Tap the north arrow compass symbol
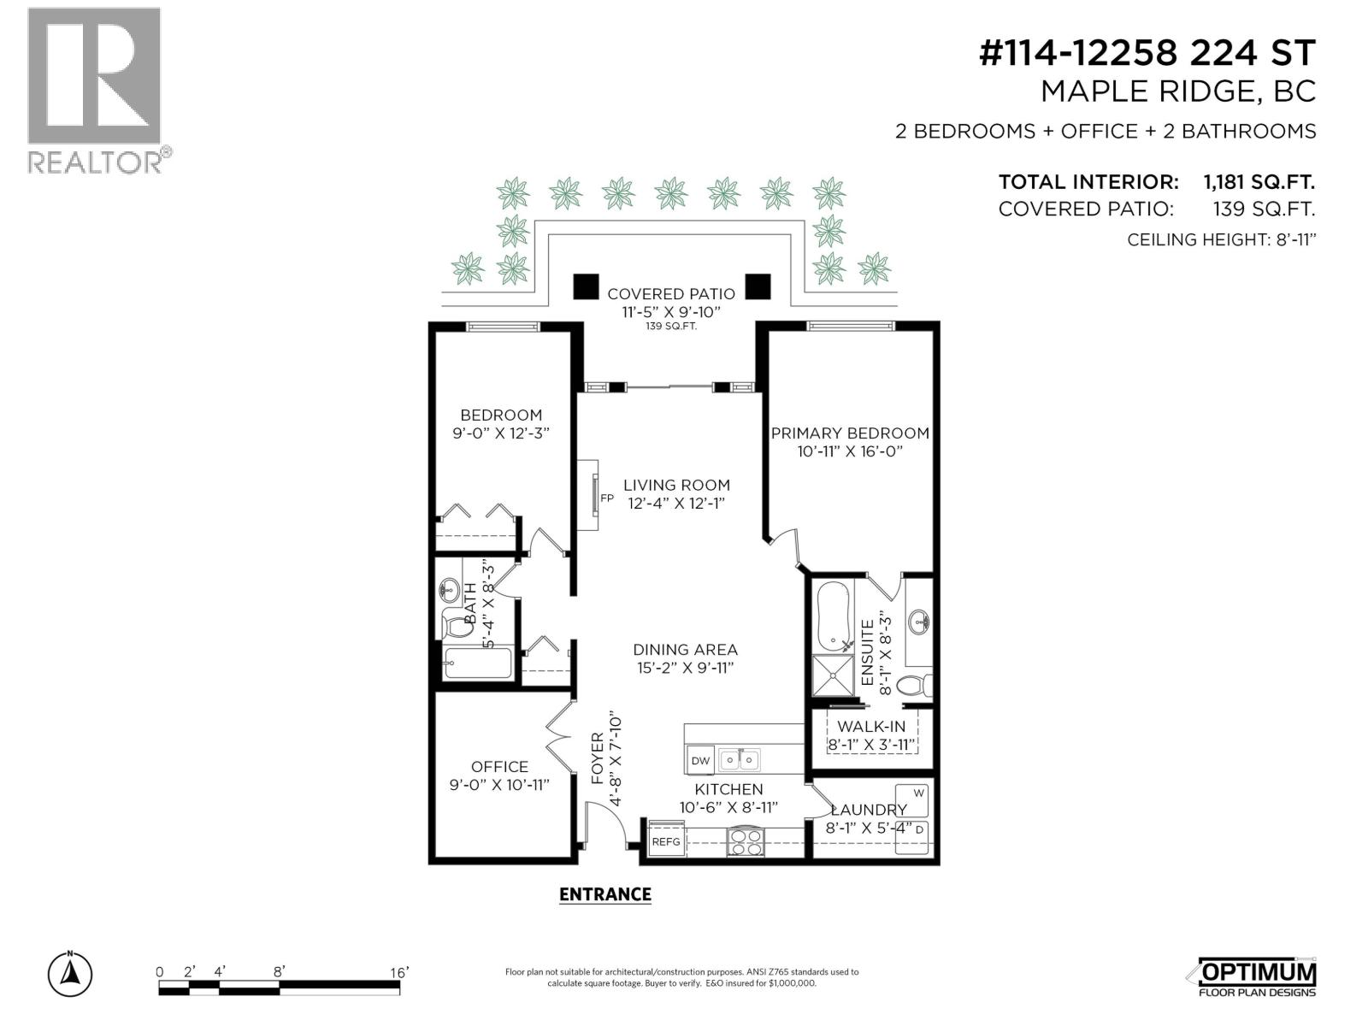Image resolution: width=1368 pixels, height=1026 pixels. point(70,974)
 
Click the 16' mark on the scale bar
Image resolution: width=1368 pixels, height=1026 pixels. point(399,972)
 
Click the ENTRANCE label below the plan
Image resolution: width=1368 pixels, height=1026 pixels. point(605,894)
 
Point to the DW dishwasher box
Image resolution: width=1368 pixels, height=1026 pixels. point(700,760)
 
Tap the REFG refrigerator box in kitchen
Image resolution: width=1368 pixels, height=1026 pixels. point(666,841)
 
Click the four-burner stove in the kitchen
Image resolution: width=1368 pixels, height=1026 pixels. point(745,842)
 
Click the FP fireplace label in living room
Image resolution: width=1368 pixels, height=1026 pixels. point(607,498)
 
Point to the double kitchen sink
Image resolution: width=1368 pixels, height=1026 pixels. point(740,759)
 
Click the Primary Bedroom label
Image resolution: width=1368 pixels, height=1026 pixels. point(850,433)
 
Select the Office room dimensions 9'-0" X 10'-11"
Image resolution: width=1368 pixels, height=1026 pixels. point(499,785)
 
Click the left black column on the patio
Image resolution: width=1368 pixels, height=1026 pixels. point(586,286)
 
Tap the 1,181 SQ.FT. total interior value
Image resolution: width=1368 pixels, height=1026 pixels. point(1259,182)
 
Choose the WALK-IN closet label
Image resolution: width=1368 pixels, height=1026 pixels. point(871,727)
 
